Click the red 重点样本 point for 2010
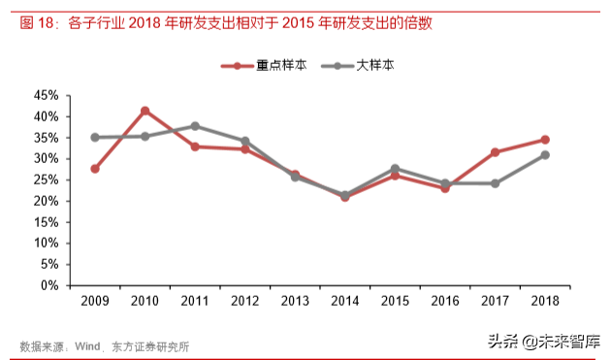click(145, 111)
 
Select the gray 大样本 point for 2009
click(94, 138)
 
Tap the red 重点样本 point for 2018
click(545, 140)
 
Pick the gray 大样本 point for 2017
click(495, 183)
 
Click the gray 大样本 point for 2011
click(195, 126)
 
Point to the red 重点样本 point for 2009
click(94, 169)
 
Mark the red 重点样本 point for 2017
click(495, 152)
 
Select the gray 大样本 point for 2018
click(545, 155)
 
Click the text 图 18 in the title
click(36, 22)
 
